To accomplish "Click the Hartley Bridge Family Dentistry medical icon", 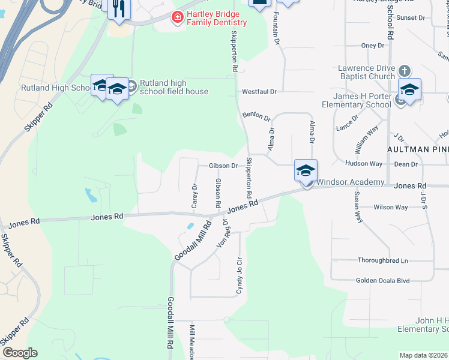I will click(x=177, y=17).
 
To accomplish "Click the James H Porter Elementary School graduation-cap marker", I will click(x=409, y=90).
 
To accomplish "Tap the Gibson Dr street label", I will click(x=223, y=166).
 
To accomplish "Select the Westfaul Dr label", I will click(x=259, y=92).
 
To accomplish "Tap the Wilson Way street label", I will click(x=390, y=208).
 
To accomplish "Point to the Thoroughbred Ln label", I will click(x=382, y=261).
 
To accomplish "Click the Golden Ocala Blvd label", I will click(x=382, y=280).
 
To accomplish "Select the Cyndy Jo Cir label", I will click(x=239, y=276).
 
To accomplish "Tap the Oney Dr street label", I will click(x=372, y=46).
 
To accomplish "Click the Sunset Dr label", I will click(x=411, y=18).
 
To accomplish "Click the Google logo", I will click(x=20, y=353).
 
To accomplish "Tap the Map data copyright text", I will click(x=424, y=355).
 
